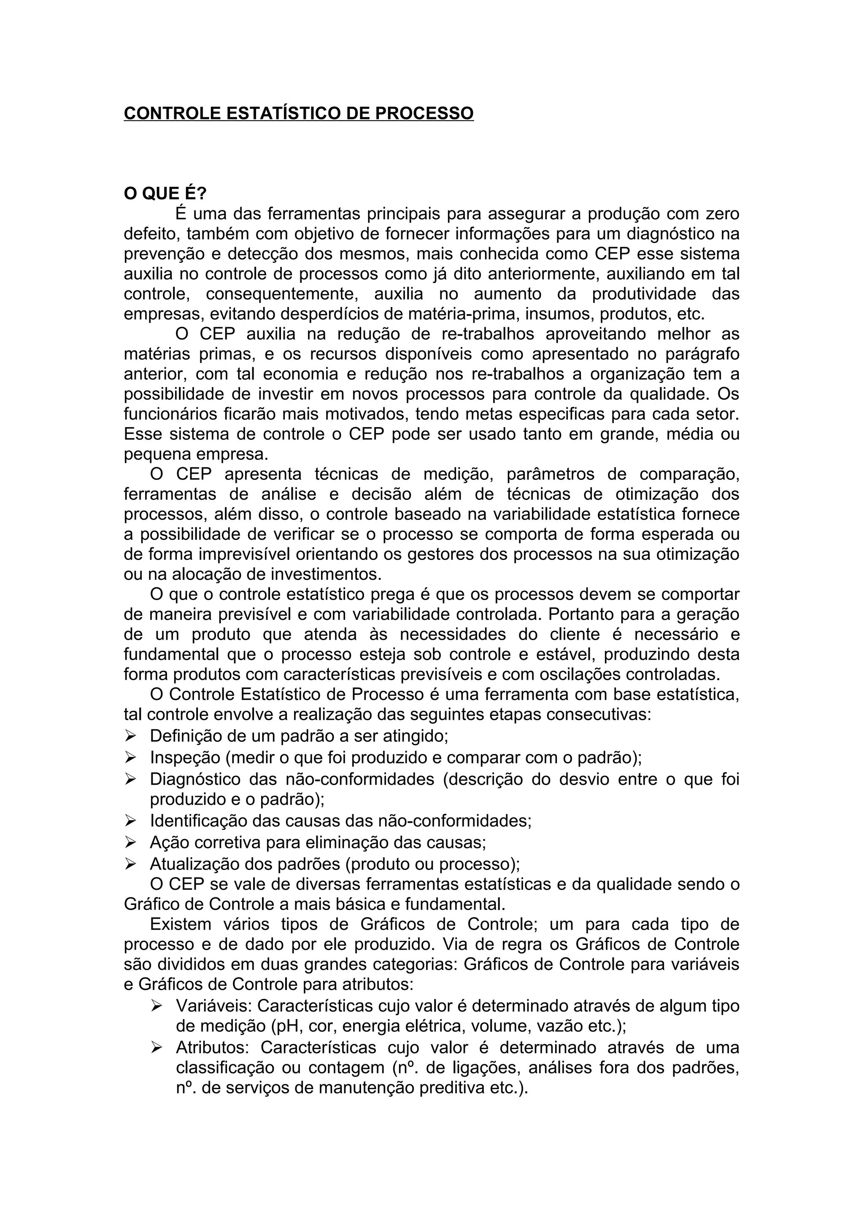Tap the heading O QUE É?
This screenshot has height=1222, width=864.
click(165, 194)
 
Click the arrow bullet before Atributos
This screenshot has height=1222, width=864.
click(156, 1048)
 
